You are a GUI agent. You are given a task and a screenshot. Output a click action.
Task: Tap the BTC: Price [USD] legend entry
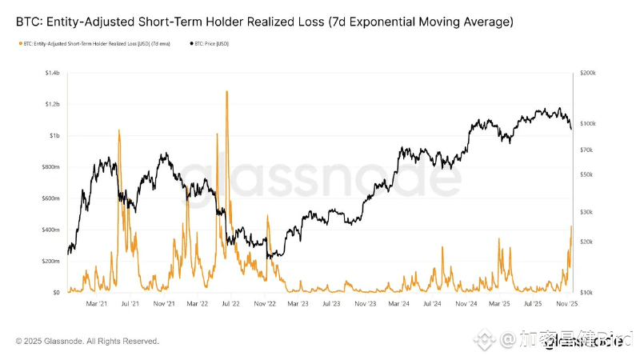210,43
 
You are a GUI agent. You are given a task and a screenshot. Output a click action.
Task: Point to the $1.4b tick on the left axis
52,74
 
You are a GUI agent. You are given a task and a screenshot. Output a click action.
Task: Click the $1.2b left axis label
52,105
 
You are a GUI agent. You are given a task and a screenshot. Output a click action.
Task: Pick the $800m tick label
51,167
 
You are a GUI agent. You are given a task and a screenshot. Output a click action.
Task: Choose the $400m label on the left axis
51,230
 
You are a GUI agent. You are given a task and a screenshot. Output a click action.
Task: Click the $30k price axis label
586,212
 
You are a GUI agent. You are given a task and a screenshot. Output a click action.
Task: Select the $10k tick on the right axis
586,293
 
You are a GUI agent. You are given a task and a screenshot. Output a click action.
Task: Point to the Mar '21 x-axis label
97,304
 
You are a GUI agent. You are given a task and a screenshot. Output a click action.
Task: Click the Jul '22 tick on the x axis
231,304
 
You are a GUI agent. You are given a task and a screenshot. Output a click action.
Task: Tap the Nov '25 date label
567,304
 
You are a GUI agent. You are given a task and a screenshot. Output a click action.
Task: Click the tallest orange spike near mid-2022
227,92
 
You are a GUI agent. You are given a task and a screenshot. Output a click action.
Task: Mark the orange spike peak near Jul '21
119,130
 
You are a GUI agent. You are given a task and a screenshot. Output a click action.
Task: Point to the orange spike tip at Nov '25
571,226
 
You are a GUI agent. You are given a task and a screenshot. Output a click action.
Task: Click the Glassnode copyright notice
87,342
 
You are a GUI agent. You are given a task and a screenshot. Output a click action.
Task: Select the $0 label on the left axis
56,293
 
